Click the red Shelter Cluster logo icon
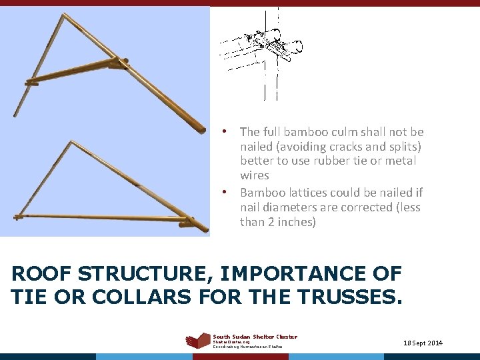point(198,340)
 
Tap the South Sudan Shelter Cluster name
point(255,337)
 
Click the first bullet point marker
point(226,131)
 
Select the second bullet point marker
point(226,192)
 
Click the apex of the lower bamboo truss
point(71,142)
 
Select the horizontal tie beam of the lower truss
point(100,217)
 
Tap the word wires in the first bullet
point(255,175)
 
